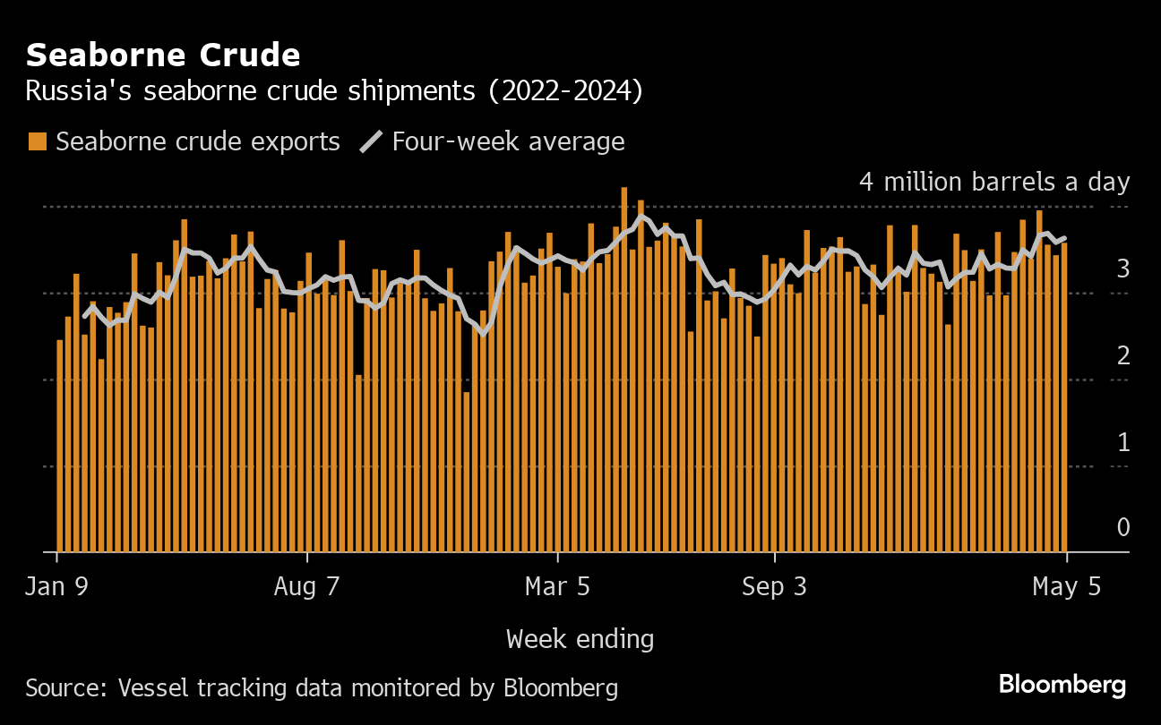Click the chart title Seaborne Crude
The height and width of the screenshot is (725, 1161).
pyautogui.click(x=163, y=55)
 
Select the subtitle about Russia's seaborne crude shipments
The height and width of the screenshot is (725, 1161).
pyautogui.click(x=333, y=91)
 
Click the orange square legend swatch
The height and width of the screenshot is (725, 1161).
pyautogui.click(x=38, y=141)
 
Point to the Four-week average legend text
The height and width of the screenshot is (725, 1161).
pyautogui.click(x=508, y=141)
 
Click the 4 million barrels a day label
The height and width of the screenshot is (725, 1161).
pyautogui.click(x=994, y=182)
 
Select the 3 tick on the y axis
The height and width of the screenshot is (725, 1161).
pyautogui.click(x=1122, y=269)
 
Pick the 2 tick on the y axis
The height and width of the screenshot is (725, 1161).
pyautogui.click(x=1122, y=355)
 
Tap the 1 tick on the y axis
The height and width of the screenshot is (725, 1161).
pyautogui.click(x=1122, y=442)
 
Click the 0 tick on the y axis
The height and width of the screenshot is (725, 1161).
pyautogui.click(x=1122, y=528)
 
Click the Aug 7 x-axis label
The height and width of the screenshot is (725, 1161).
pyautogui.click(x=307, y=587)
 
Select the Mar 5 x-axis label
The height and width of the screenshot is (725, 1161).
pyautogui.click(x=557, y=587)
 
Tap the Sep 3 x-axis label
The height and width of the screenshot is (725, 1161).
pyautogui.click(x=775, y=587)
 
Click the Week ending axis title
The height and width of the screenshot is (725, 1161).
pyautogui.click(x=580, y=639)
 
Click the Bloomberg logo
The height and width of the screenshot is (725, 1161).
pyautogui.click(x=1062, y=686)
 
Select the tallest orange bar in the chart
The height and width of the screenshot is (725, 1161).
pyautogui.click(x=624, y=369)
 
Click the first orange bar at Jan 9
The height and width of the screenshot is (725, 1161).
pyautogui.click(x=60, y=446)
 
